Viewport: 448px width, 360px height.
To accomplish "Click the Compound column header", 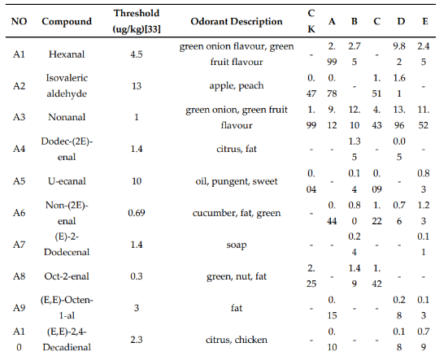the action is pos(67,21).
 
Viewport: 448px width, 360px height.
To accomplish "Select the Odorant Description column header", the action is pos(237,21).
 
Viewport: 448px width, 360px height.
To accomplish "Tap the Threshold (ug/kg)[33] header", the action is pos(137,21).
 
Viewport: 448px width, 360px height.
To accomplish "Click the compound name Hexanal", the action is pos(67,54).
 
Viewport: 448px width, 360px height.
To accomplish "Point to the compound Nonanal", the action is pos(67,117).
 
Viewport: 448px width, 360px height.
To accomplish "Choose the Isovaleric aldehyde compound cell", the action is pos(67,85).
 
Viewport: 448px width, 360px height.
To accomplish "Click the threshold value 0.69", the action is pos(137,213).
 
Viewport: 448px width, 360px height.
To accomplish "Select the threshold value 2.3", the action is pos(137,340).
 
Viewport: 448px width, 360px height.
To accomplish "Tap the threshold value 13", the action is pos(137,85).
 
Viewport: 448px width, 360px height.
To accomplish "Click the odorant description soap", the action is pos(237,245).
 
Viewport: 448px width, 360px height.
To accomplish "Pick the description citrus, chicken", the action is pos(237,340).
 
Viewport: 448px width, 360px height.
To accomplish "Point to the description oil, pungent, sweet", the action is pos(237,181).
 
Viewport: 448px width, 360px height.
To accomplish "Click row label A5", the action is pos(19,181).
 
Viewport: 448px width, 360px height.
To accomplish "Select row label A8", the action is pos(19,276).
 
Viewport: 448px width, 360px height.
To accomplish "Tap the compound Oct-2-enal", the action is pos(67,276).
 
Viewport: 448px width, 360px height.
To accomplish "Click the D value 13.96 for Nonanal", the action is pos(399,117).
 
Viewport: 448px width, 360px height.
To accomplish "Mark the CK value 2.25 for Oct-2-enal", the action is pos(311,275).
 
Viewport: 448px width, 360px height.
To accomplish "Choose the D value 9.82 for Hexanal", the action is pos(399,54).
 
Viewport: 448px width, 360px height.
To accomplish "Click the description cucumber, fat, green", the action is pos(237,213).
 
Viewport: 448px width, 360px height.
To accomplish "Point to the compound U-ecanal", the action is pos(67,181).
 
